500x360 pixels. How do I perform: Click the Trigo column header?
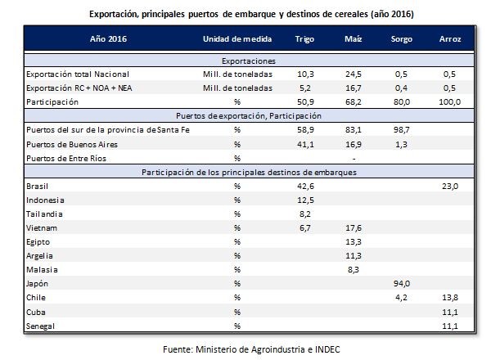click(x=305, y=39)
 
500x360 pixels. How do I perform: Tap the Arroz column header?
click(x=449, y=39)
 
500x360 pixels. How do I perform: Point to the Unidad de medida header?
click(x=236, y=39)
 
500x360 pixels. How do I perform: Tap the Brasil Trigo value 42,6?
click(x=305, y=186)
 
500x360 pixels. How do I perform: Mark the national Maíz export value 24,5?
click(x=353, y=73)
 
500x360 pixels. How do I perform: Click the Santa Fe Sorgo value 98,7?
click(x=399, y=129)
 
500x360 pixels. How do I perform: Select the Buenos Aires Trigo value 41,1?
click(x=305, y=143)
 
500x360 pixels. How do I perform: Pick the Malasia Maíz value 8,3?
click(x=353, y=270)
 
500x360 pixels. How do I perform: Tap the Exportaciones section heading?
click(x=250, y=60)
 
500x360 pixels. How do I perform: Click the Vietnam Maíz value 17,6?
click(x=353, y=228)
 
